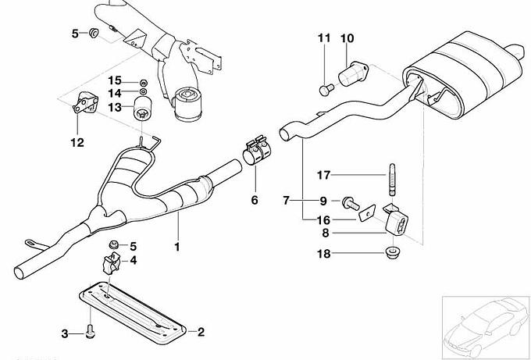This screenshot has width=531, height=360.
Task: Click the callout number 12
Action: [77, 143]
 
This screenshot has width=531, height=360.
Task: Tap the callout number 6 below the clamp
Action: [255, 200]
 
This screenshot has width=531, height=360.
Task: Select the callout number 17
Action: [323, 175]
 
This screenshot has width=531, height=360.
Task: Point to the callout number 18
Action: [323, 254]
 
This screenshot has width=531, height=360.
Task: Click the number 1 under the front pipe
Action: [176, 247]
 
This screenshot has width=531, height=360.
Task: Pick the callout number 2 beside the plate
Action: [201, 332]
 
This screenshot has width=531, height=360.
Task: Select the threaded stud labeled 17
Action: [392, 180]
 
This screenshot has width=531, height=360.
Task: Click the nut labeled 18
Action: [393, 252]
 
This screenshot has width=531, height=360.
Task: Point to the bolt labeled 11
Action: [326, 90]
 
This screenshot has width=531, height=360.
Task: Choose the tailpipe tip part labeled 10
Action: [353, 73]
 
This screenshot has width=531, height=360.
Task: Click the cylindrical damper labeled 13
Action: [143, 108]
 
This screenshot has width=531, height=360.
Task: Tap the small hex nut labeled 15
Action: [143, 83]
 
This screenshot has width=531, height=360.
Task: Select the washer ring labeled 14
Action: [143, 91]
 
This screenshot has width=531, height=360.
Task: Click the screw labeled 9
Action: [350, 203]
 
